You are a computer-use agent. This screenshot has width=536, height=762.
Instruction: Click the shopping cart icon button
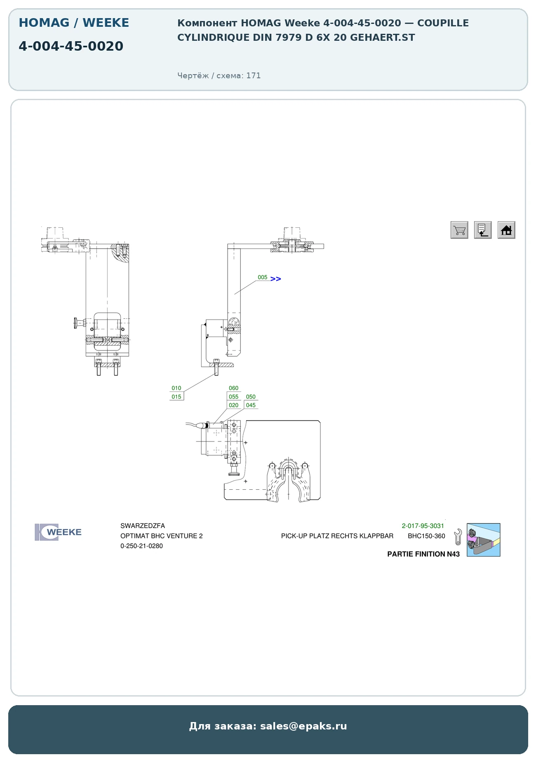459,230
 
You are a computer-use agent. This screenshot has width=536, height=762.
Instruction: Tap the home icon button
506,230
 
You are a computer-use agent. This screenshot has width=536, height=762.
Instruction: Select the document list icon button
483,230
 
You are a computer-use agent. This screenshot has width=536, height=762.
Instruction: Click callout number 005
263,278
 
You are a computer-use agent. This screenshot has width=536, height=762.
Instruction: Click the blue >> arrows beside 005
276,279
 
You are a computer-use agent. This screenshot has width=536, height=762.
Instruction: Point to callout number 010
176,388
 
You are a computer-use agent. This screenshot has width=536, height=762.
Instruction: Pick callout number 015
176,397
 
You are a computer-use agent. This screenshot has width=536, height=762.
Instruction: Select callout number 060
234,388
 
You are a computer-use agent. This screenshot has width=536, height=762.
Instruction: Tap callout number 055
234,397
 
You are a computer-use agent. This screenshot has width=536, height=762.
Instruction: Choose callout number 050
251,397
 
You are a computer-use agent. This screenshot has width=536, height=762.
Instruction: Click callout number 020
234,405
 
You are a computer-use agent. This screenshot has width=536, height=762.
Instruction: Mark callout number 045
251,405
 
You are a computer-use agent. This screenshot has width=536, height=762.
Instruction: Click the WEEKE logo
58,532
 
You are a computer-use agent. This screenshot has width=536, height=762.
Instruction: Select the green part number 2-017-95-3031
423,526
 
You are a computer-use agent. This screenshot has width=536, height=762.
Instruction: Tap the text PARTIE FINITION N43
423,554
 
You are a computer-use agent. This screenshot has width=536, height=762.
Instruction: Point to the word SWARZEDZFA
143,526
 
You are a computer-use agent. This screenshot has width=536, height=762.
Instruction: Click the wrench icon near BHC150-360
458,537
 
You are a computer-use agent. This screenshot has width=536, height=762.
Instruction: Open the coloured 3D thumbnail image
484,540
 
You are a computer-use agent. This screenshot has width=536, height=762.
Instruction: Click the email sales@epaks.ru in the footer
303,726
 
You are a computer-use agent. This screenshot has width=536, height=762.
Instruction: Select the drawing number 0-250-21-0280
141,546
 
